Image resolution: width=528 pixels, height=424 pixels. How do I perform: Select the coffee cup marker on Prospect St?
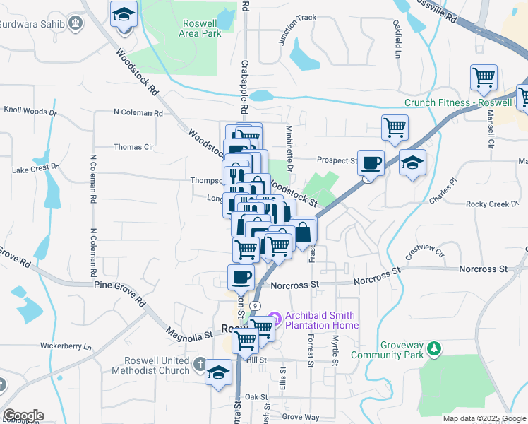(x=371, y=163)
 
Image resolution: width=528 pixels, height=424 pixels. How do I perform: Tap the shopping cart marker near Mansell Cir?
(x=484, y=77)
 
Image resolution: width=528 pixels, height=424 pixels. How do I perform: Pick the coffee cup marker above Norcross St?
(x=241, y=276)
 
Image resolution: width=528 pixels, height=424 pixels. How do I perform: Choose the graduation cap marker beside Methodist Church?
(x=219, y=372)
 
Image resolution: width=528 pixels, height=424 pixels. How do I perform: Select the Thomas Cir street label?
(x=133, y=147)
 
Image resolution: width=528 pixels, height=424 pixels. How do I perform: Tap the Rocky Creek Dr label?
(x=492, y=204)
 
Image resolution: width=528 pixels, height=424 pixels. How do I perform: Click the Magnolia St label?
(x=188, y=331)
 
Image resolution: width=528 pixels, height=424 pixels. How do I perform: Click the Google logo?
(x=23, y=416)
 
